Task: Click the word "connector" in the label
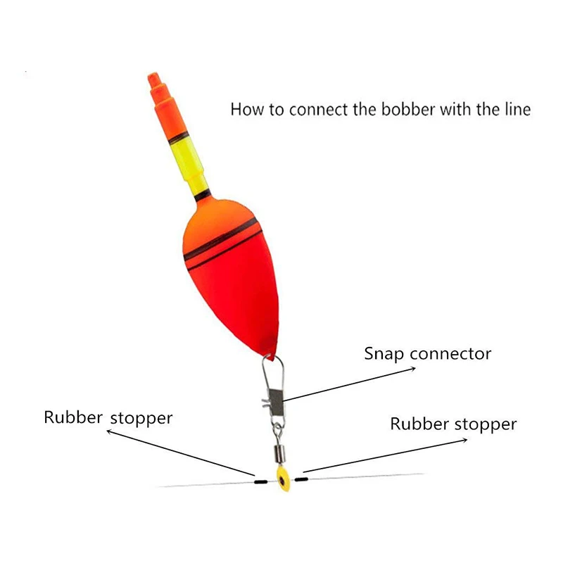coord(450,353)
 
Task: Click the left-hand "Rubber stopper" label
coord(108,417)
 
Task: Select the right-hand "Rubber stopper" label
coord(453,424)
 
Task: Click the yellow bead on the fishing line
coord(282,481)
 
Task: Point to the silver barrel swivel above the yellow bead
coord(277,446)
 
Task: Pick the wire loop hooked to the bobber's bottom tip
coord(271,369)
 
